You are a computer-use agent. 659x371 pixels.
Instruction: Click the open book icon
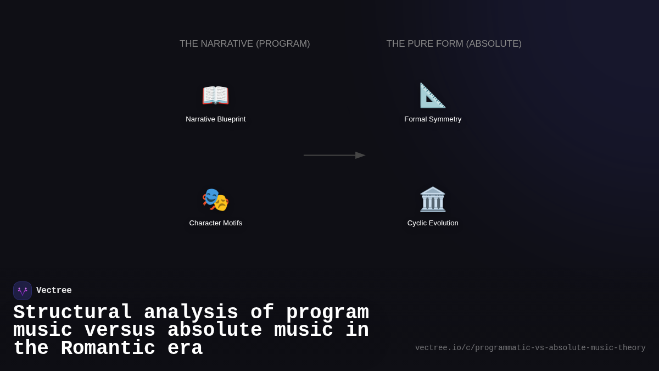pos(215,95)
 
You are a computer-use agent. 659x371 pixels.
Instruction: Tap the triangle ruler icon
pos(433,95)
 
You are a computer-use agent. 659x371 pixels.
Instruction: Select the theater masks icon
pos(215,199)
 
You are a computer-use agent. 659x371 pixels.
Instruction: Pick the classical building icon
pos(433,199)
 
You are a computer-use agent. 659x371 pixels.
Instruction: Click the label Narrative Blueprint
pos(216,119)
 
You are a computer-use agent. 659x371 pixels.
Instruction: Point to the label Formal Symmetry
pos(433,119)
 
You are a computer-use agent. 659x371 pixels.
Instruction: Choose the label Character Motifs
pos(216,223)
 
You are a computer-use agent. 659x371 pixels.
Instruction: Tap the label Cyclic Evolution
pos(433,223)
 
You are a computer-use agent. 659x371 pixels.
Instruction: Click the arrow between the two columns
pos(334,156)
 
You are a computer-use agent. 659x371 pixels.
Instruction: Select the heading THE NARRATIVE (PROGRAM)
pos(245,44)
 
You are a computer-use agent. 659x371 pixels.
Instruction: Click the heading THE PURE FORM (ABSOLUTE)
pos(454,44)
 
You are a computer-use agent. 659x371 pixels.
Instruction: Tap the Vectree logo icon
pos(23,291)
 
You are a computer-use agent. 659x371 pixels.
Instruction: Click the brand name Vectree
pos(54,291)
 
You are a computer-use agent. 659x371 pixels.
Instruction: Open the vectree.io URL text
pos(530,348)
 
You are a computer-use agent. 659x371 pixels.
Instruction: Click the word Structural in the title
pos(72,313)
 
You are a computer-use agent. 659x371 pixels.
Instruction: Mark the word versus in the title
pos(120,330)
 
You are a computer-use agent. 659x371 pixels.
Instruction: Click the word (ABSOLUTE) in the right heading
pos(494,44)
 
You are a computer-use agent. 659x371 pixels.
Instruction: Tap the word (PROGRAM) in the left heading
pos(283,44)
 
